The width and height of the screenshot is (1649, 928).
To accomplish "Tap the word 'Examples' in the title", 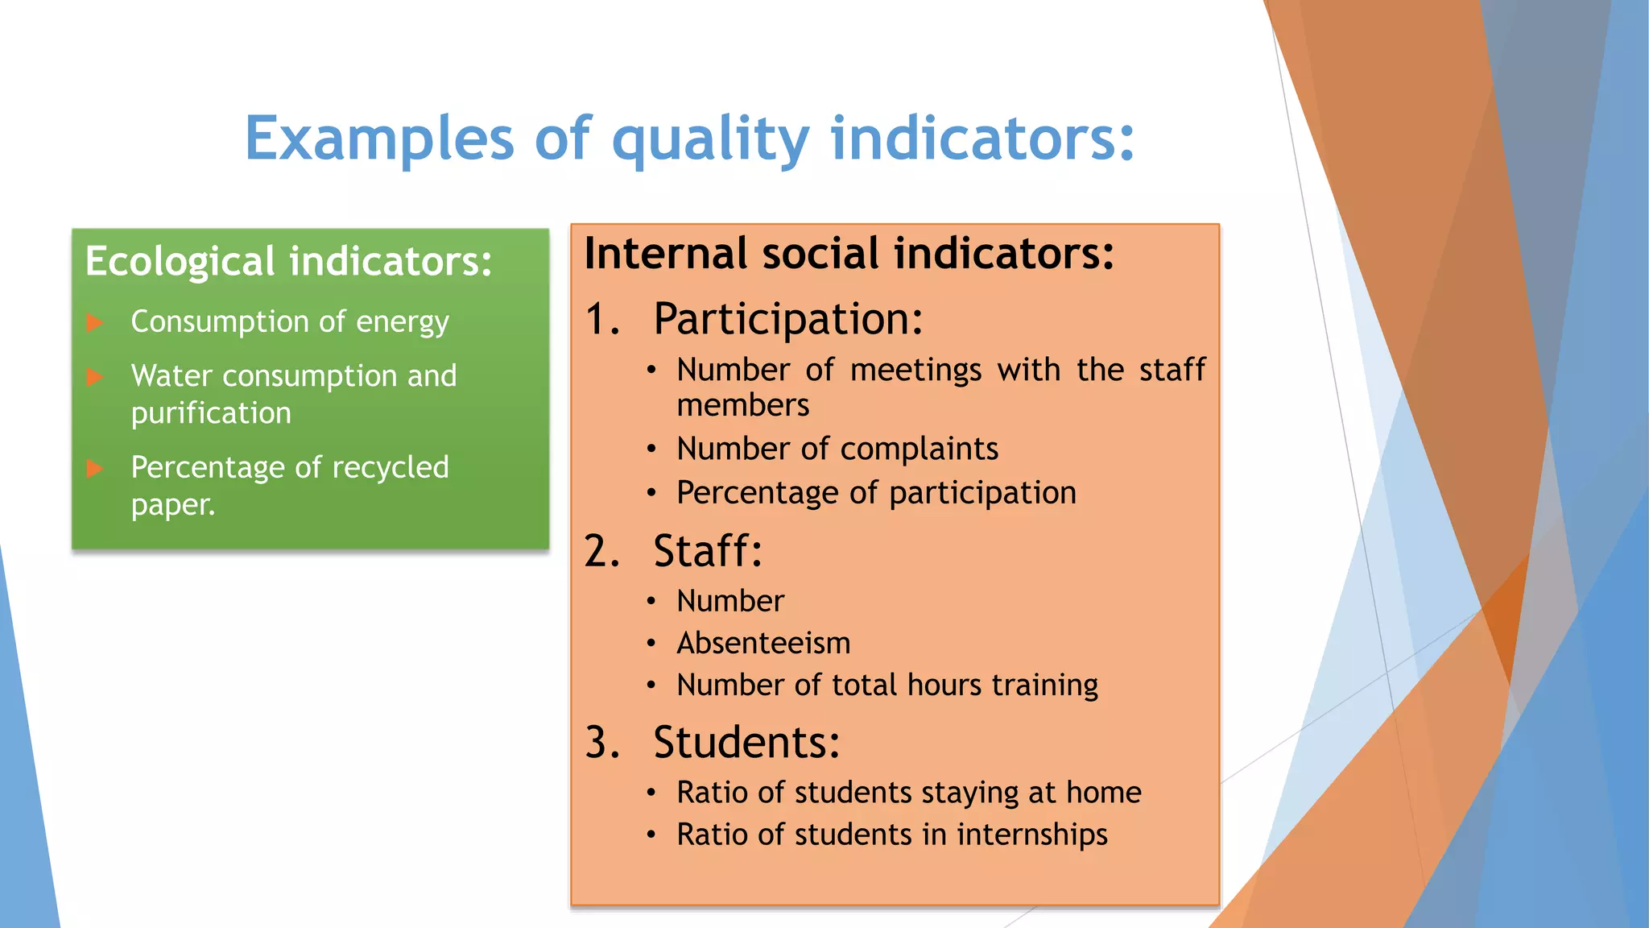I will tap(378, 139).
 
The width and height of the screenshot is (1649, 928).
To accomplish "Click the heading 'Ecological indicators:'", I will tap(288, 262).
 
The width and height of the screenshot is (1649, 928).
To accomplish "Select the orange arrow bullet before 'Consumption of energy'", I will tap(95, 323).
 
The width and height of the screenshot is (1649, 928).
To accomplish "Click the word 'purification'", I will tap(211, 413).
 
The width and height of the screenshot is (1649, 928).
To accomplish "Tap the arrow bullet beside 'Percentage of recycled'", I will tap(95, 468).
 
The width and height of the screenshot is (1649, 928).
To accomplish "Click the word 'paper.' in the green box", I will tap(173, 505).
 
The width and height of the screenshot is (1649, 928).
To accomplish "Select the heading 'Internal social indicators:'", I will tap(849, 254).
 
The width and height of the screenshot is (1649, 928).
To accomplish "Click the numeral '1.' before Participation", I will tap(602, 319).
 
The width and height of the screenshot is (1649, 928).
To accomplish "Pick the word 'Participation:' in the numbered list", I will tap(787, 319).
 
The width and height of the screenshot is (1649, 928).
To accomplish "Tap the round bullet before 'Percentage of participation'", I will tap(651, 493).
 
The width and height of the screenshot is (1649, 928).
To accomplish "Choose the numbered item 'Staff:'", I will tap(707, 552).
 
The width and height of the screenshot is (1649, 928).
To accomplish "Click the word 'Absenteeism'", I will tap(763, 643).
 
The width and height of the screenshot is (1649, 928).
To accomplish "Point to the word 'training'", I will tap(1044, 686).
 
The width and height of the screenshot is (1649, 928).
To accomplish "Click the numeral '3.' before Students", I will tap(602, 743).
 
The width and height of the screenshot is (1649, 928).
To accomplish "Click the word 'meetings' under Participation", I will tap(915, 371).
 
